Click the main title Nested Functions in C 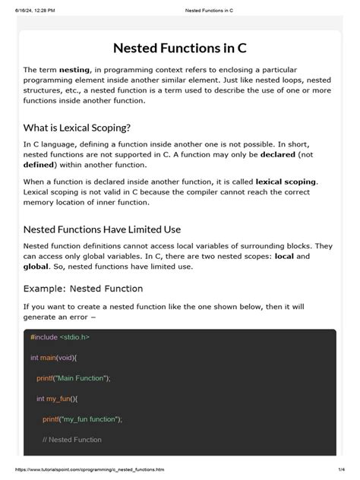[179, 48]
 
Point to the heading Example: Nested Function [83, 289]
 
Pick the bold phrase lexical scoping [286, 182]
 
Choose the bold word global [36, 267]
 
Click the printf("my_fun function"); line [82, 418]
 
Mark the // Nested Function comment [72, 439]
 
